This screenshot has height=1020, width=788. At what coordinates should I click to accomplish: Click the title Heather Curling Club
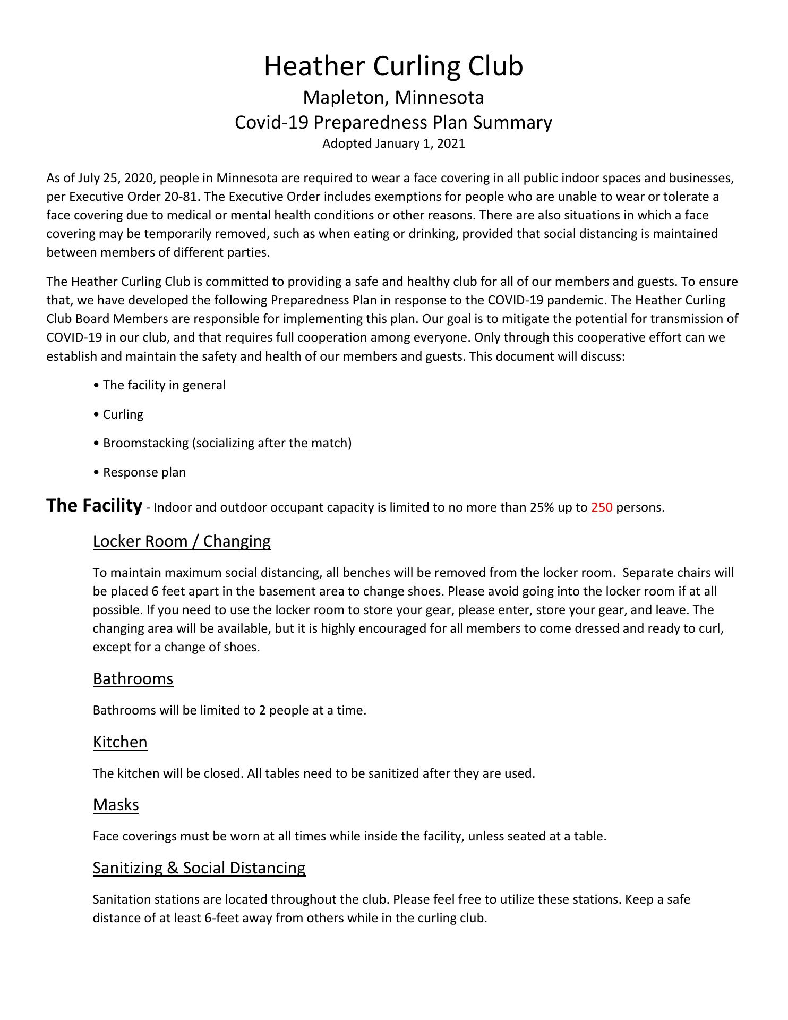pos(393,66)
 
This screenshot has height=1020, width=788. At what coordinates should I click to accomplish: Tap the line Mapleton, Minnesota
pos(393,98)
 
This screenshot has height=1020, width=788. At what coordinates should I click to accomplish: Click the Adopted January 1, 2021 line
pos(393,143)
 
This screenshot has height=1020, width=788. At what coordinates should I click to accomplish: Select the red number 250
pos(601,507)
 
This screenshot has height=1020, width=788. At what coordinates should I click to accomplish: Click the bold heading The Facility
pos(94,505)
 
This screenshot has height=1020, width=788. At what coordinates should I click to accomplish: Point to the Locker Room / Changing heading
pos(182,541)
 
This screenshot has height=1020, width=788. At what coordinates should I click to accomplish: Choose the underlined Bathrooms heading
pos(133,678)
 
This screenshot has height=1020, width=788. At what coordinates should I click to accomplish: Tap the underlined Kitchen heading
pos(120,742)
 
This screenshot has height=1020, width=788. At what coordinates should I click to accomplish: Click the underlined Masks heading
pos(116,804)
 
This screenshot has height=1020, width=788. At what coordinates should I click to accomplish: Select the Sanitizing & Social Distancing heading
pos(199,868)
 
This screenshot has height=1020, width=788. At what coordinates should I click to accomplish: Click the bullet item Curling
pos(123,414)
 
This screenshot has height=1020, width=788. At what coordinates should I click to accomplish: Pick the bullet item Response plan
pos(144,472)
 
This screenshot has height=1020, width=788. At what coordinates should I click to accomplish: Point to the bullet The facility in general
pos(164,385)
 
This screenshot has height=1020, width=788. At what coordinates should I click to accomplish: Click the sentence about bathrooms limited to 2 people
pos(229,710)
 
